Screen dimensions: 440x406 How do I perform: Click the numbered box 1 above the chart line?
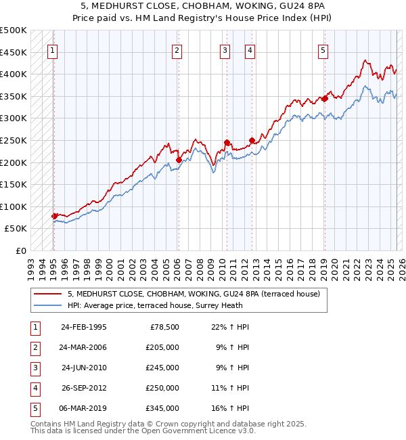[x=53, y=50]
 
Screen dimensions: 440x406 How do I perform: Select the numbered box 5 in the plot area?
[x=323, y=50]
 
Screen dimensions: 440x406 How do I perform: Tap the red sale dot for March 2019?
[x=324, y=99]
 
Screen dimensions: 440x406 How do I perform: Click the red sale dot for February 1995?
[x=54, y=217]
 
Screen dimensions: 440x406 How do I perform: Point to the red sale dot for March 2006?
[x=179, y=160]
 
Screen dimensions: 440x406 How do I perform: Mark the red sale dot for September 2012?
[x=252, y=141]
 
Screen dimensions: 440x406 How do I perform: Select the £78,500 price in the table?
[x=164, y=326]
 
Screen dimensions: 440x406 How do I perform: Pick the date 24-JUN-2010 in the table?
[x=84, y=368]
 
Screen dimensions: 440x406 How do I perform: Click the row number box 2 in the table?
[x=33, y=348]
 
